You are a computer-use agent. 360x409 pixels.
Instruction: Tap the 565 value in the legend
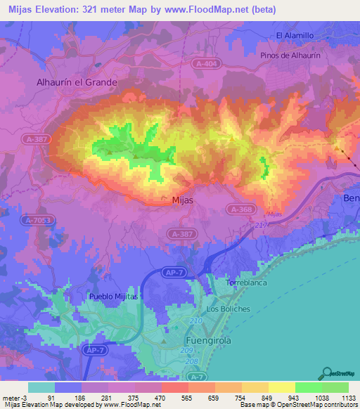tap(186, 398)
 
